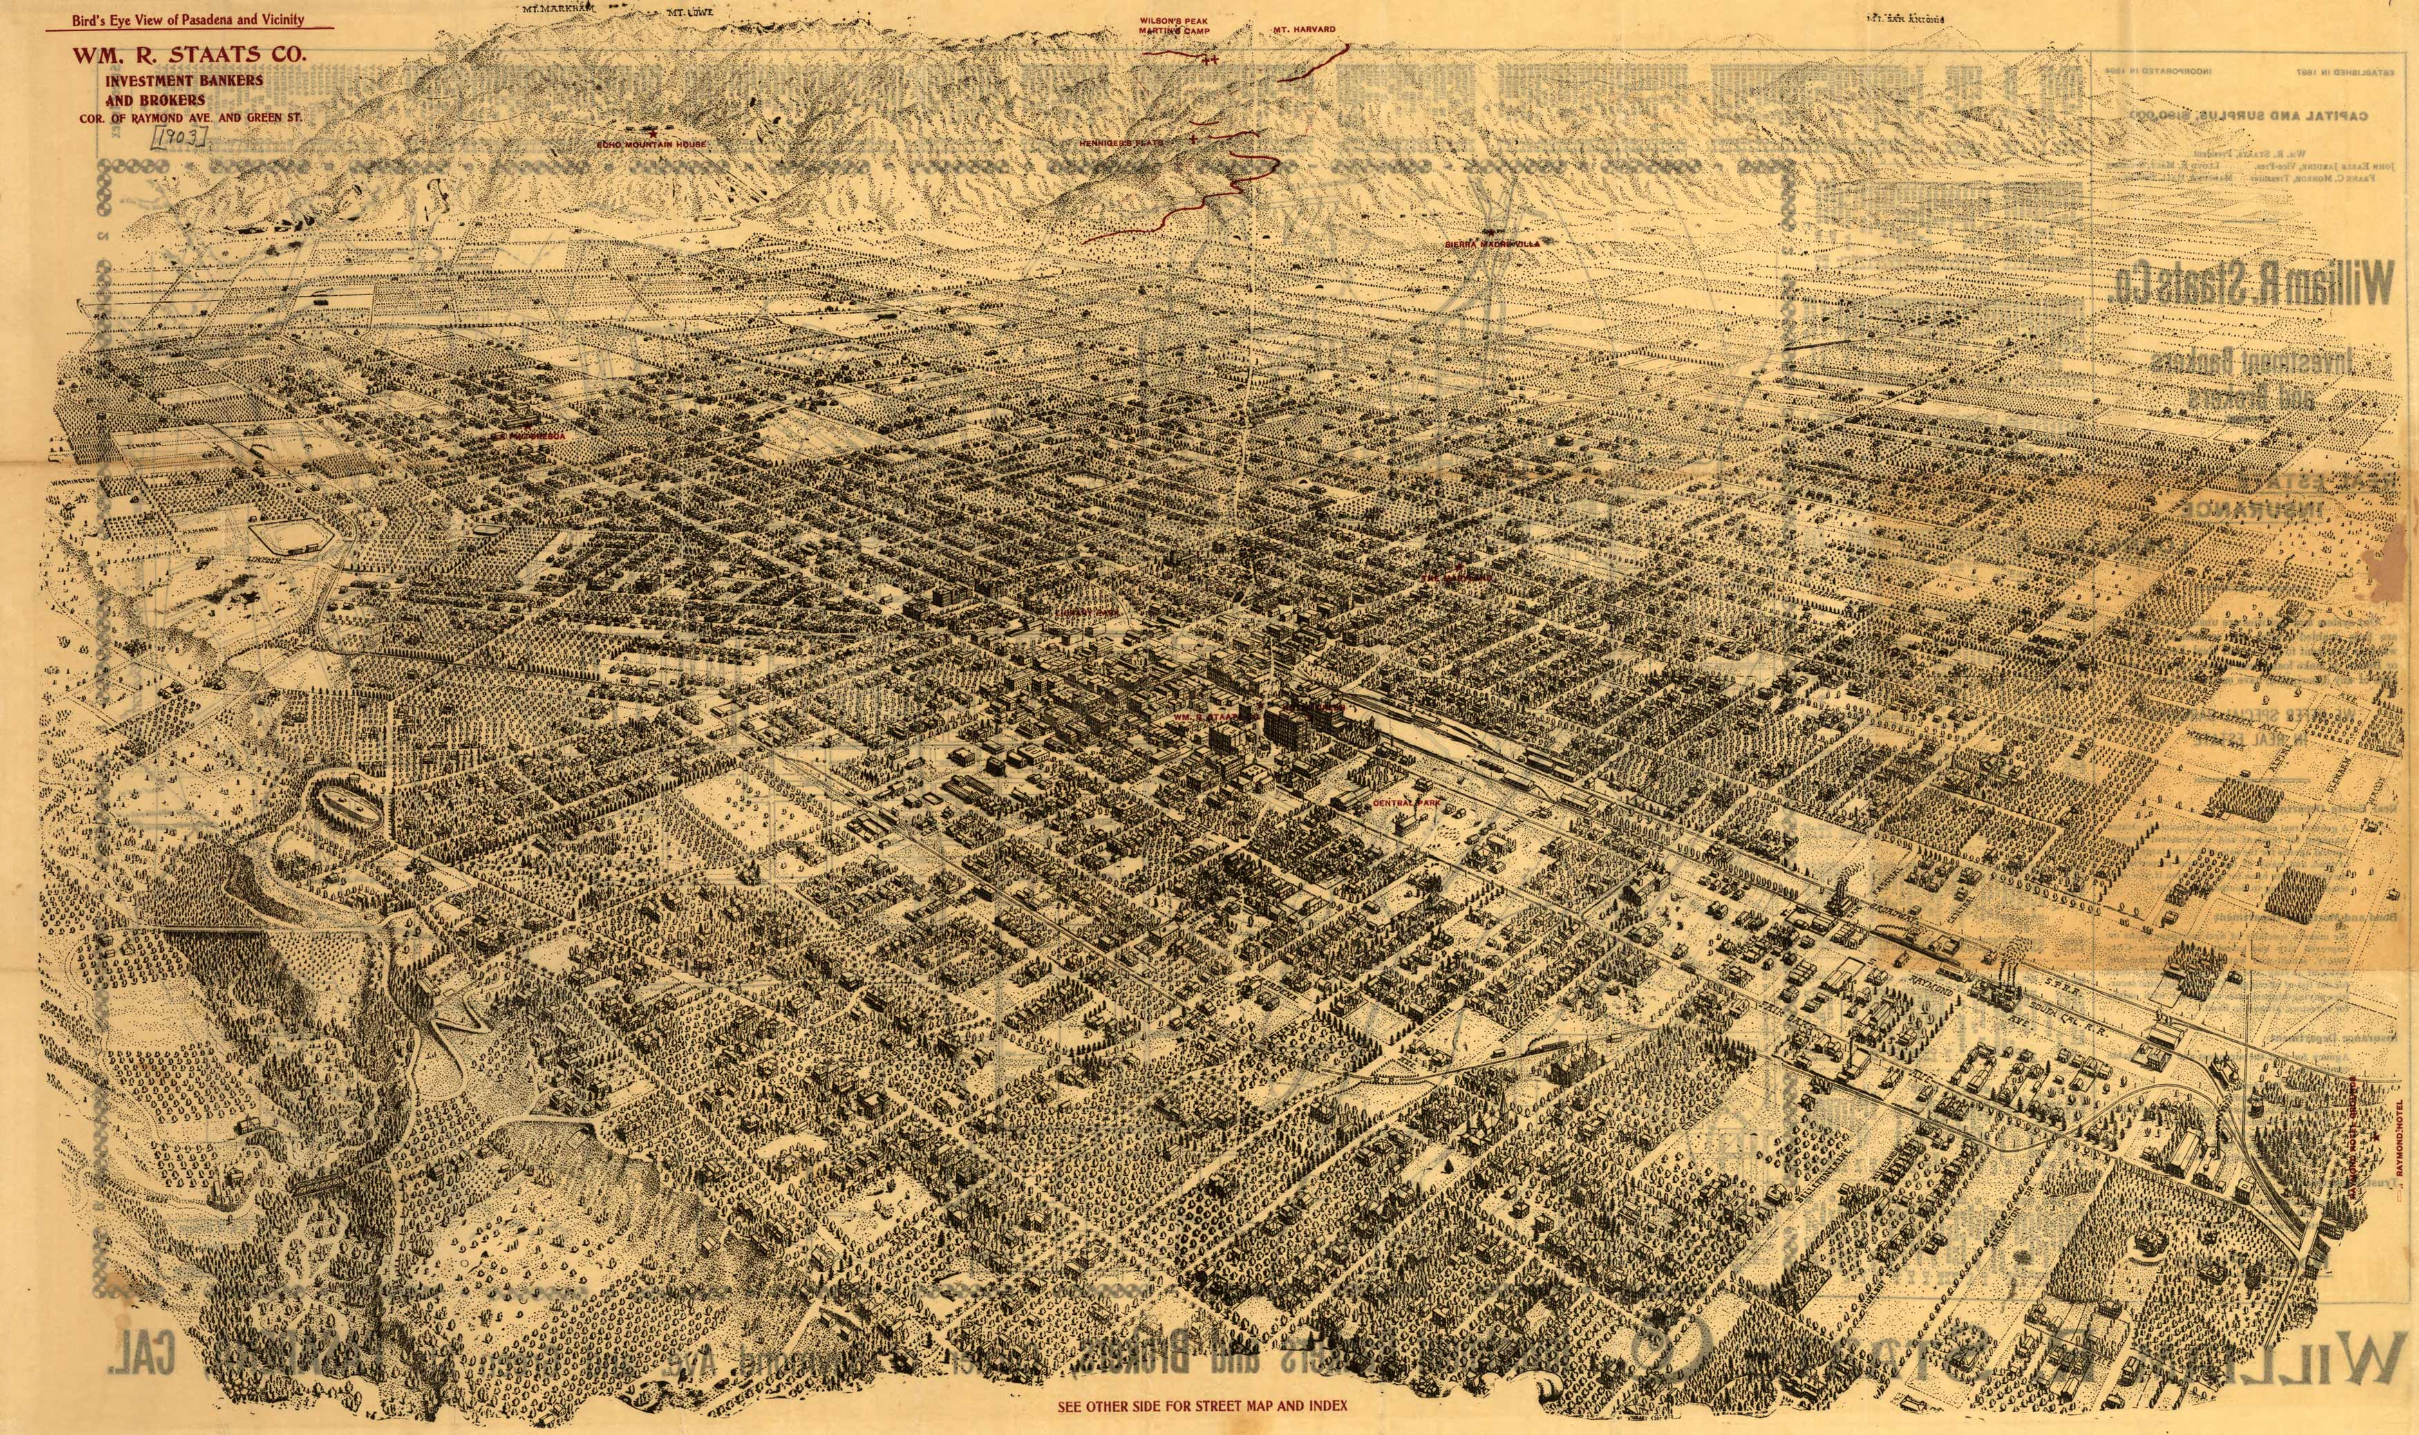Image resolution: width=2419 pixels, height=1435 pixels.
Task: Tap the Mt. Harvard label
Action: click(x=1303, y=30)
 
